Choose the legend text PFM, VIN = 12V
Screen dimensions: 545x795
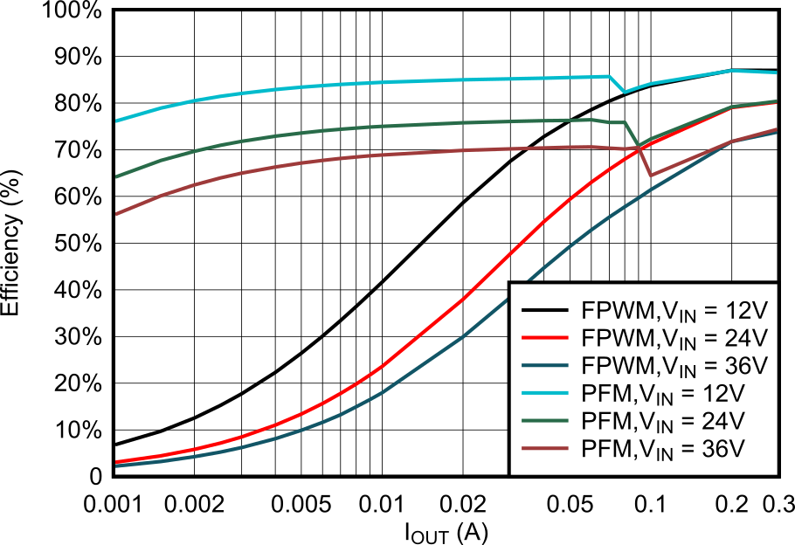tap(662, 393)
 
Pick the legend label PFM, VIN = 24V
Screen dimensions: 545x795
tap(662, 421)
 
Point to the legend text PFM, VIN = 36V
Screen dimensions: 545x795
tap(662, 449)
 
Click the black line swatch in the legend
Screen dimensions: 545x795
tap(545, 311)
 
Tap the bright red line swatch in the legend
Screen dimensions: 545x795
tap(545, 338)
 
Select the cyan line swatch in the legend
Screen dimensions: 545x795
tap(545, 393)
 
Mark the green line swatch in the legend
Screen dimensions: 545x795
tap(545, 421)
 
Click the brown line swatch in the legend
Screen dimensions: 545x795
tap(545, 449)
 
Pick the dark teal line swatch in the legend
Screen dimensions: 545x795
tap(545, 366)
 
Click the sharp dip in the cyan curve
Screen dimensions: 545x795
tap(624, 92)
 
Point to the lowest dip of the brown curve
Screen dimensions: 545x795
tap(651, 176)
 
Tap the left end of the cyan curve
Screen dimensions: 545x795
tap(117, 121)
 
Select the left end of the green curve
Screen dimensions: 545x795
tap(117, 176)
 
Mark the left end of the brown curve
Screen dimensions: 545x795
tap(117, 213)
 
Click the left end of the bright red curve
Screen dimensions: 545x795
tap(117, 461)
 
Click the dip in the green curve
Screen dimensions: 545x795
tap(639, 145)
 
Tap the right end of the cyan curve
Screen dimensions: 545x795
tap(776, 72)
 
